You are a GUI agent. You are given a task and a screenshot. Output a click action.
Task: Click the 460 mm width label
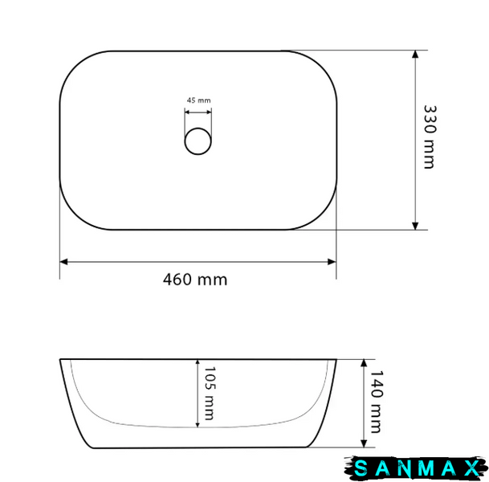point(195,280)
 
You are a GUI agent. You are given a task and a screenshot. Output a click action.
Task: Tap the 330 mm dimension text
point(430,137)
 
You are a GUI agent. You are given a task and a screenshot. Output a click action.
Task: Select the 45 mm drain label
point(198,100)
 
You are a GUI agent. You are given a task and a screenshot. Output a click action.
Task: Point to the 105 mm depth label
point(210,393)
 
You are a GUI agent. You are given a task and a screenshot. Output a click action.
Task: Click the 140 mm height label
point(377,402)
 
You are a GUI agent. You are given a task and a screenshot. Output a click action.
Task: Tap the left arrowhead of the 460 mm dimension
point(63,262)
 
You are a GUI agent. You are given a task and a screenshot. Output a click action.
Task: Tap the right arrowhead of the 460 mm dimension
point(332,262)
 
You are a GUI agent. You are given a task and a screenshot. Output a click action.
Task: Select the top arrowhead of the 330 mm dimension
point(415,55)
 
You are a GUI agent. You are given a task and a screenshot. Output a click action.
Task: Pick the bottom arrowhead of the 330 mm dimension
point(415,226)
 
